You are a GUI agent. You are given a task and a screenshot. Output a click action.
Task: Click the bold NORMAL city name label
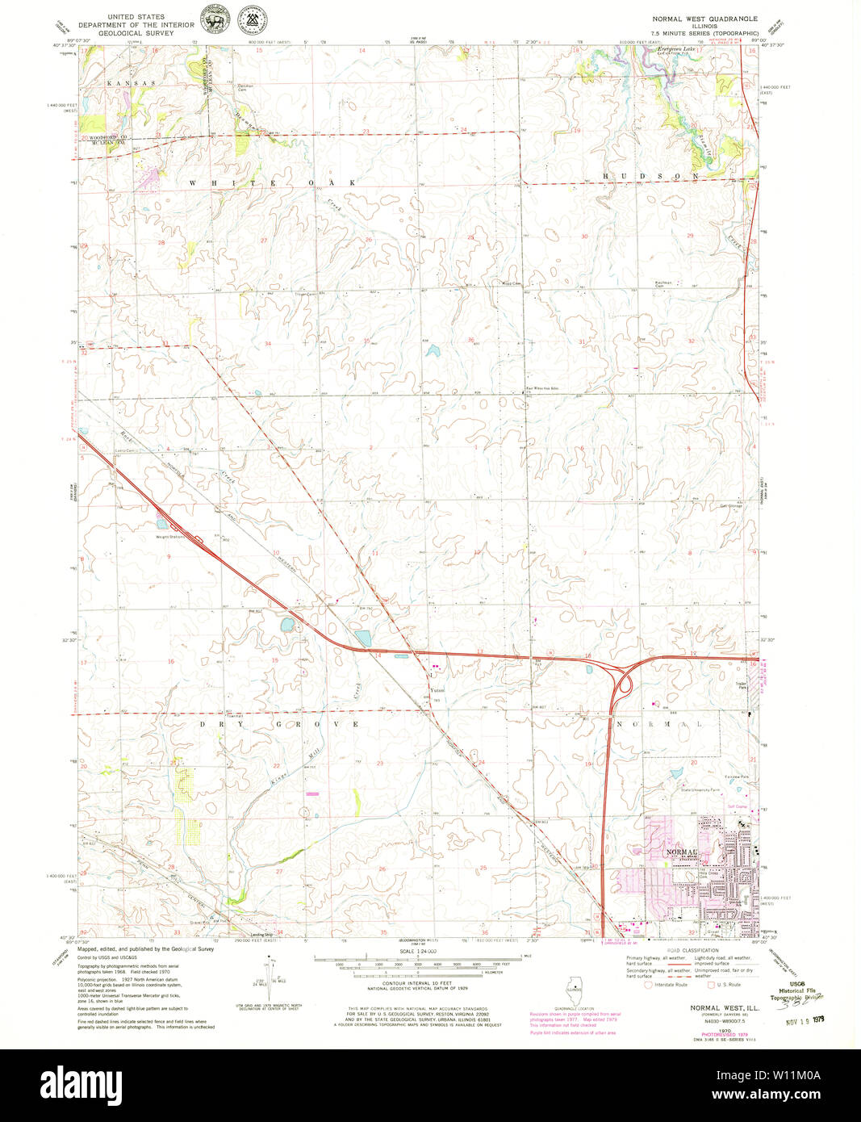tap(679, 852)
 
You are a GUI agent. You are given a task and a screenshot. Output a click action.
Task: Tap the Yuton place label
tap(437, 690)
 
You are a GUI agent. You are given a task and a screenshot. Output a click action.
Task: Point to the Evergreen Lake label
tap(676, 50)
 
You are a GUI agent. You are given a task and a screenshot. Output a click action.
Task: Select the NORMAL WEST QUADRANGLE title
tap(705, 17)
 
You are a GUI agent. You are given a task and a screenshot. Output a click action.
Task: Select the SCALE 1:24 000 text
tap(417, 952)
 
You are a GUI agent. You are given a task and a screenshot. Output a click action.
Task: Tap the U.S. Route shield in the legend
tap(710, 984)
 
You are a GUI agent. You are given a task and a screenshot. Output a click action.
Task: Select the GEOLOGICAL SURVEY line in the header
tap(135, 32)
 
